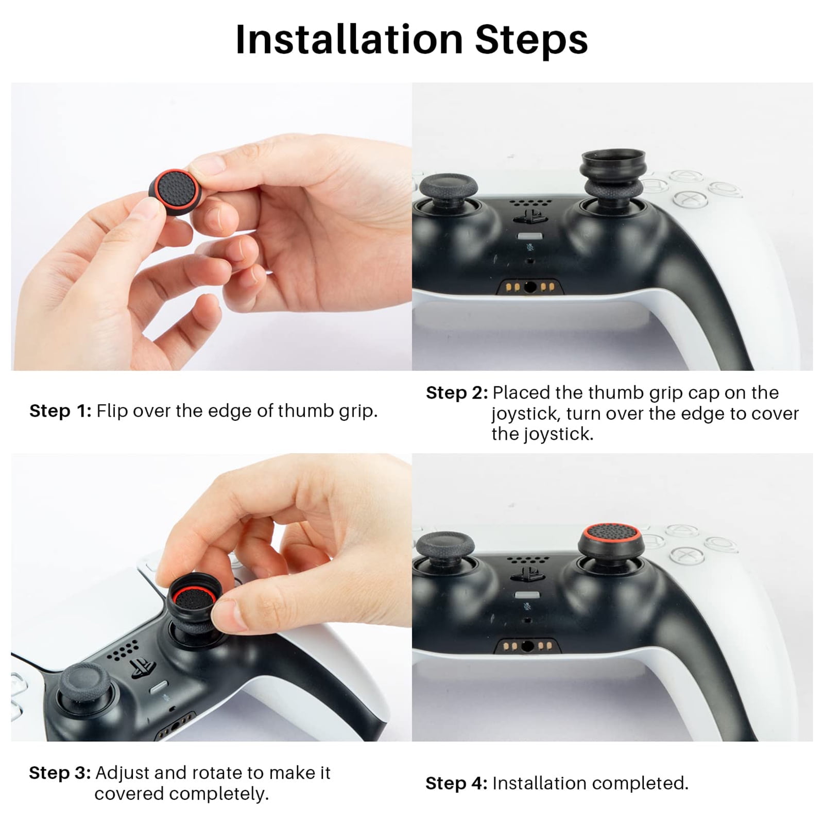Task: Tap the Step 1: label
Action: pyautogui.click(x=60, y=411)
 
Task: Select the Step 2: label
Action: pyautogui.click(x=457, y=393)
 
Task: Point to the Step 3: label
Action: pyautogui.click(x=60, y=772)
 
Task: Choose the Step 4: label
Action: pyautogui.click(x=456, y=783)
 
